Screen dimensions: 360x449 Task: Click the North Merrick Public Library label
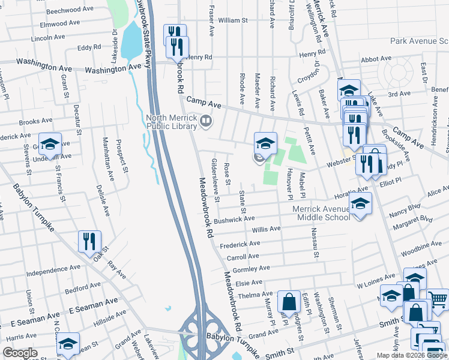coord(172,122)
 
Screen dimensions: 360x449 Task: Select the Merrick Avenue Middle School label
coord(321,213)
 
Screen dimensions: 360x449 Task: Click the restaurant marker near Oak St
coord(89,241)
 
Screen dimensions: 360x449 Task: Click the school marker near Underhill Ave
coord(50,143)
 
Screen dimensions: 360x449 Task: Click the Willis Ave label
coord(266,229)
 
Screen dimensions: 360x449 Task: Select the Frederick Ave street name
coord(240,244)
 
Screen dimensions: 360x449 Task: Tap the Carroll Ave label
coord(243,256)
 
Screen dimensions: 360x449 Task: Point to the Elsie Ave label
coord(249,282)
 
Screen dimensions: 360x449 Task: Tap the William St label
coord(233,20)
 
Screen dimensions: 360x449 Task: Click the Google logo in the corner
coord(20,353)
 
